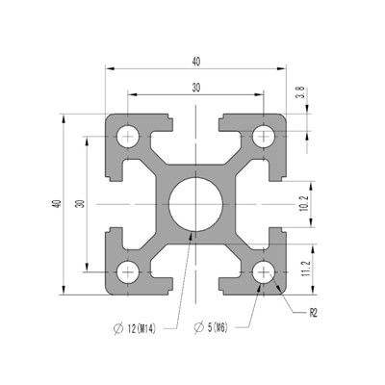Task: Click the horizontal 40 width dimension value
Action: [x=196, y=62]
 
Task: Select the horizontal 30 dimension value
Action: [x=196, y=87]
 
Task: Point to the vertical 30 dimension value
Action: [x=81, y=204]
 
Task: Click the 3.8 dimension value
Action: [x=300, y=93]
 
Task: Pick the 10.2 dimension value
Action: [x=302, y=203]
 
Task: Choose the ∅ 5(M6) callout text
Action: [x=218, y=330]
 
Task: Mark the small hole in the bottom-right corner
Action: [x=262, y=271]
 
